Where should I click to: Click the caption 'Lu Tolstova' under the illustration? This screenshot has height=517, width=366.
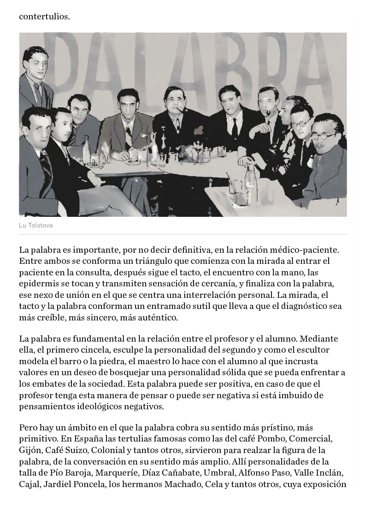[x=35, y=225]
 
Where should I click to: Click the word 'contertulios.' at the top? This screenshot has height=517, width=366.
[x=44, y=17]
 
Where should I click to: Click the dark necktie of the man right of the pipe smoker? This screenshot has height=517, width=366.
[x=235, y=125]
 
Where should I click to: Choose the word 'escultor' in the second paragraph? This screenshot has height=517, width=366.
[x=330, y=349]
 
